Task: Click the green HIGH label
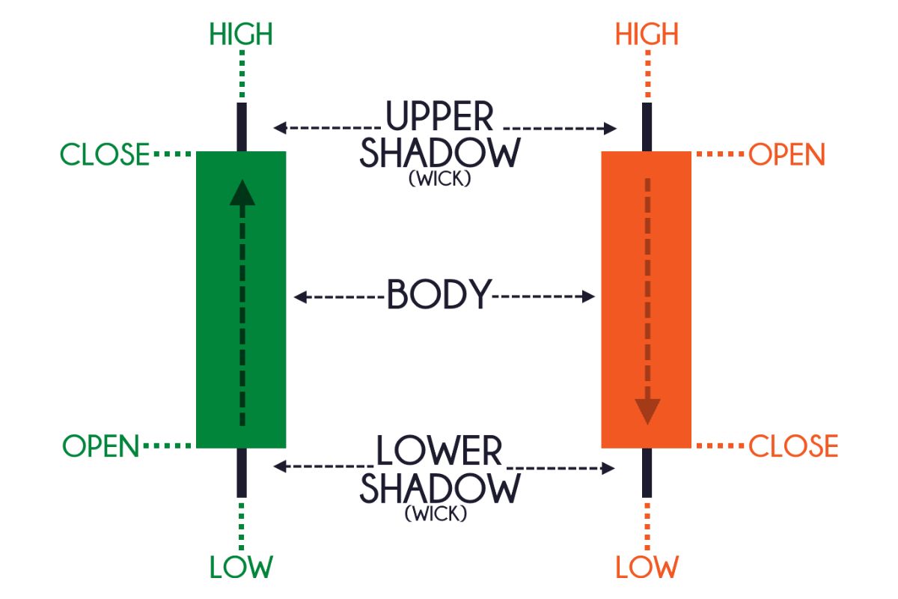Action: coord(241,34)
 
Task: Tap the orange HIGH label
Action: coord(647,34)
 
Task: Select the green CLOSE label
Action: coord(106,155)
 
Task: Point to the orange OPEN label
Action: coord(786,155)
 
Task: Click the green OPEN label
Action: coord(101,446)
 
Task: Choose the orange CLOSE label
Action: coord(793,446)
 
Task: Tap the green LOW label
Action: coord(241,567)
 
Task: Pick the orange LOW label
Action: coord(647,567)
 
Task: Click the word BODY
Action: coord(439,296)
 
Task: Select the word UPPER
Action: coord(440,118)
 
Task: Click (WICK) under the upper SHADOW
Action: coord(439,180)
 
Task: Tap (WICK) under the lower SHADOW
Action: coord(436,514)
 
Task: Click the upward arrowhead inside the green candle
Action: coord(242,192)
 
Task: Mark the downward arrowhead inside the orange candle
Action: coord(647,411)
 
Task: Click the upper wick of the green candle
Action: coord(242,127)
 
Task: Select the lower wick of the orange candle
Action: coord(647,472)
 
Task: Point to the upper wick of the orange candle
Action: coord(647,127)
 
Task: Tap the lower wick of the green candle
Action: coord(242,472)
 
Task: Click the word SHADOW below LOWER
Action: coord(439,488)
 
